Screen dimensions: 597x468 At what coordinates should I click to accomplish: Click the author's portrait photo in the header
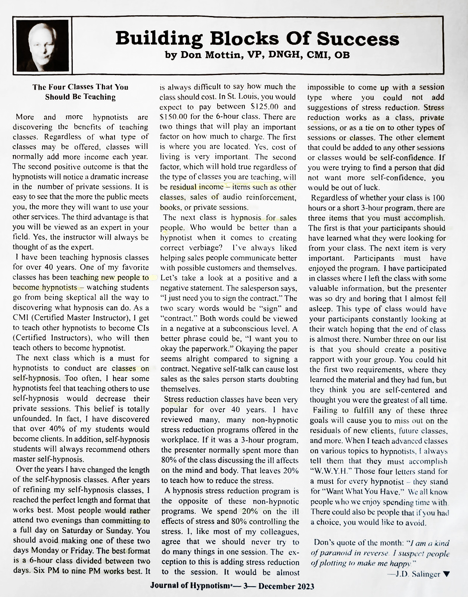(x=43, y=45)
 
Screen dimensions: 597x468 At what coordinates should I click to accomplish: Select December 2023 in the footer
(x=286, y=586)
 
